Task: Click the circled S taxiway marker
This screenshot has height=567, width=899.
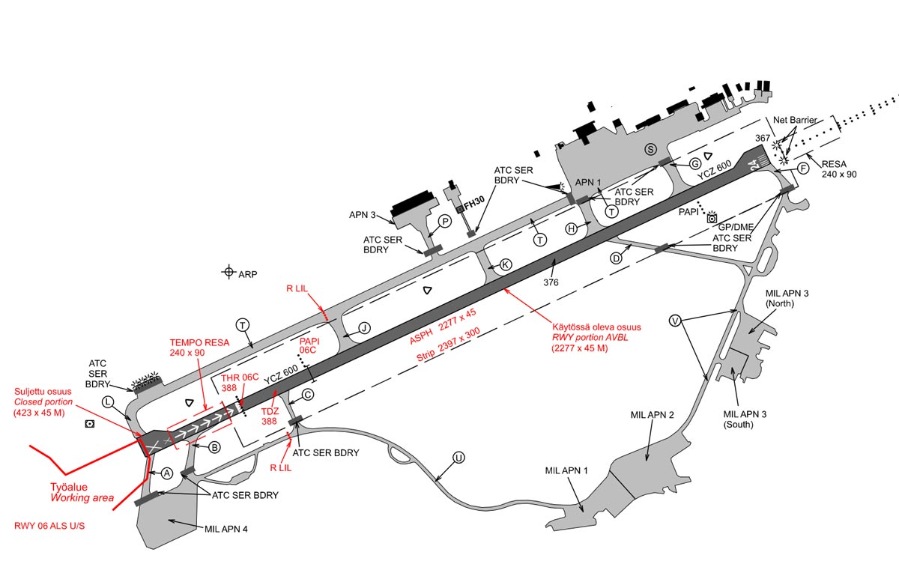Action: tap(650, 150)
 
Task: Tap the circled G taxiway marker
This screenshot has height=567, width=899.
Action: tap(695, 164)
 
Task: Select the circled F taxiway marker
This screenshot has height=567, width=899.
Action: tap(803, 168)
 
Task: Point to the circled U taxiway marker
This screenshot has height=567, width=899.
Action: tap(458, 458)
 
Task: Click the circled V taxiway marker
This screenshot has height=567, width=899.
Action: tap(676, 321)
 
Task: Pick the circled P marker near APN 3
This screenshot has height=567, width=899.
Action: tap(445, 221)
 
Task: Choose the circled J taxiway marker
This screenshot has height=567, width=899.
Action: tap(364, 328)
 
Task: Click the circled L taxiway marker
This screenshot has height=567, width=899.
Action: tap(108, 401)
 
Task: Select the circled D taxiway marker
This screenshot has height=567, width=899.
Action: tap(616, 258)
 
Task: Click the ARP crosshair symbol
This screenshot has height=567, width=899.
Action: tap(228, 272)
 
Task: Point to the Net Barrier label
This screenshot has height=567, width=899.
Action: tap(795, 120)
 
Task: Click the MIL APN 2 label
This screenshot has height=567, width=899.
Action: tap(653, 415)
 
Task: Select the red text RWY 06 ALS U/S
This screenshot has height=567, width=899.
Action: tap(49, 526)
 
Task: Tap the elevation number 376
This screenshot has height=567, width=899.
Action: tap(551, 282)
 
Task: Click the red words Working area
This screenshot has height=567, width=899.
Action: tap(82, 498)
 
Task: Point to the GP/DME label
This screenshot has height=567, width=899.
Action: tap(735, 227)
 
